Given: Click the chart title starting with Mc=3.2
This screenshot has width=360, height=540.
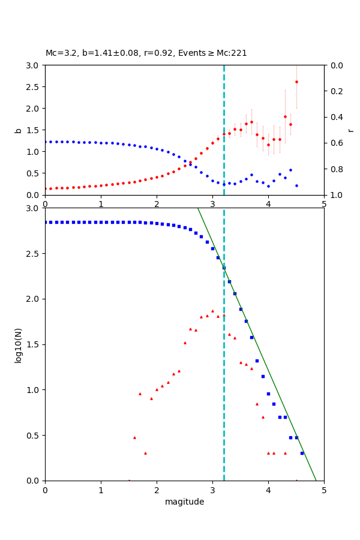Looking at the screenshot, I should [146, 53].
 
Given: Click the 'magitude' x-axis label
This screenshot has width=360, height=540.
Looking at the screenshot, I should [184, 502].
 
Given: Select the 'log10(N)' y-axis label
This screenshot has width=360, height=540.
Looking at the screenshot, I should [18, 344].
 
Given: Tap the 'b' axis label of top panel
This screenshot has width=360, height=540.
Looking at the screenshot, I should [18, 130].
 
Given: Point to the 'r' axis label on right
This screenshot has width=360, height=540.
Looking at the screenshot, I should [350, 130].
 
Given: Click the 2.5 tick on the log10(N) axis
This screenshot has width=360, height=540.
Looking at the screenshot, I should [35, 253].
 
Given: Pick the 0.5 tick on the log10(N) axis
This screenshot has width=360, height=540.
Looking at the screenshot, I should [35, 435].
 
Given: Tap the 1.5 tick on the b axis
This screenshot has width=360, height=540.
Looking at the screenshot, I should [35, 130].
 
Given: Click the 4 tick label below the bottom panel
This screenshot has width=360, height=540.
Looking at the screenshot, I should [268, 490].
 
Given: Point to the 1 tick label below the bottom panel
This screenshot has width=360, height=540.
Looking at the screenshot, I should [101, 490].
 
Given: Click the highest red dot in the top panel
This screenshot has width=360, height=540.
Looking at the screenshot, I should [296, 82].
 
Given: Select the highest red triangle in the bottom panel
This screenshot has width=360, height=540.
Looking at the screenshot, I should [212, 311].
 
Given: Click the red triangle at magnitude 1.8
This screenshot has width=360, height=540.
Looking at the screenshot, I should [145, 453].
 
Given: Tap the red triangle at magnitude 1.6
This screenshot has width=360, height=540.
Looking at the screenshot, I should [134, 437].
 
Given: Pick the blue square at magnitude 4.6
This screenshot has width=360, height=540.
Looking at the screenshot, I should [302, 453].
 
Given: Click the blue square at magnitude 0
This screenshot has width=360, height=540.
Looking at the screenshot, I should [45, 222].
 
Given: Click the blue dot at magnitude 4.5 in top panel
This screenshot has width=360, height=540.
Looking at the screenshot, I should [296, 185].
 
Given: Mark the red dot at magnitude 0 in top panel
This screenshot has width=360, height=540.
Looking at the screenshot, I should [46, 188].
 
